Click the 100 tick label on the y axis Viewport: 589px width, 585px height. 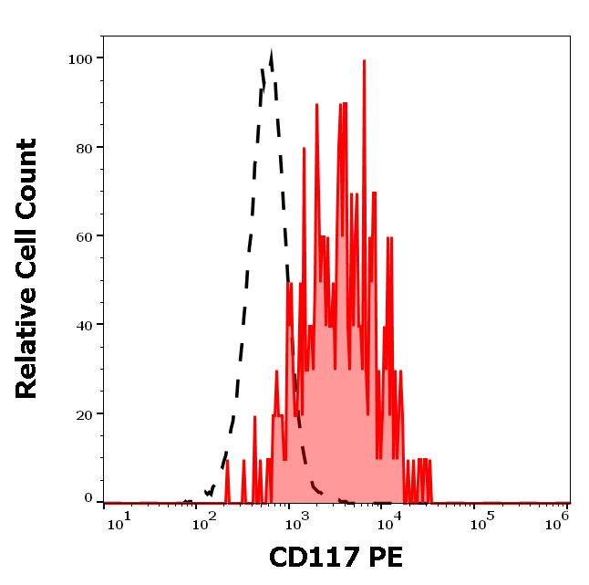(80, 59)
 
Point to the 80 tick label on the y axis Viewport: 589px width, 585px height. (84, 148)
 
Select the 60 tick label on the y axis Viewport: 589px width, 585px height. (84, 236)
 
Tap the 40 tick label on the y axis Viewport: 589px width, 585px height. (84, 325)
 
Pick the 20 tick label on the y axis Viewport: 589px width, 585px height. (84, 414)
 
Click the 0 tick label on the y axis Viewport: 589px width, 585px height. (88, 498)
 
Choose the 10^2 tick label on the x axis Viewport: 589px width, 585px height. (209, 519)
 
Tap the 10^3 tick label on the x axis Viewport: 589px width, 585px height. (298, 519)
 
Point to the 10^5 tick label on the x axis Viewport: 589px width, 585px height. (478, 519)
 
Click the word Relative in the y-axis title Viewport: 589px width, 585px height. (27, 350)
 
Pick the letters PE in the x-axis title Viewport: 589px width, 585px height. (383, 558)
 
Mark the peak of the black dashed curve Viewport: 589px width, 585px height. (271, 55)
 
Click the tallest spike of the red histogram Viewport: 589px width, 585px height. (364, 61)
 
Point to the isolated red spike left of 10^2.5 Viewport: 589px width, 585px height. (227, 461)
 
